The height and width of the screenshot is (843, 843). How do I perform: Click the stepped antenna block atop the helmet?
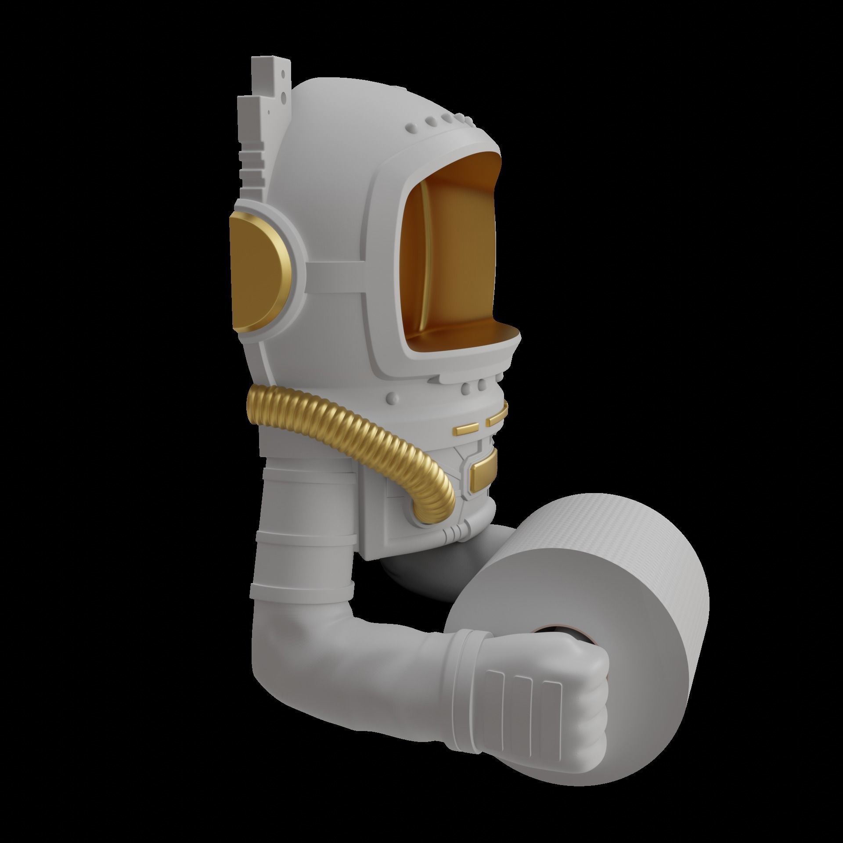(x=263, y=127)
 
